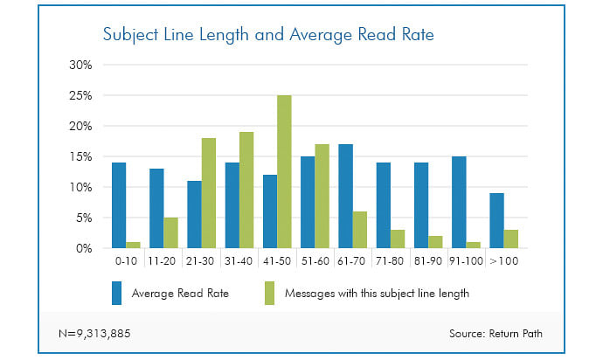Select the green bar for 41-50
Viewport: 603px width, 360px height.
tap(284, 171)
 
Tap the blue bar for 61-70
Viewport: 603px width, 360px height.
tap(343, 196)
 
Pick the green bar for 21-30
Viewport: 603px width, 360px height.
tap(208, 193)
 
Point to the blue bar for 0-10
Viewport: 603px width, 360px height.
tap(119, 205)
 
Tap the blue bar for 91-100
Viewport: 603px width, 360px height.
tap(459, 202)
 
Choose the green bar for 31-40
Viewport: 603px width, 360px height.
tap(246, 190)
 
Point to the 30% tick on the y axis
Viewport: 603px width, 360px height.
tap(80, 65)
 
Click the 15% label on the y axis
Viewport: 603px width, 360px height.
tap(80, 156)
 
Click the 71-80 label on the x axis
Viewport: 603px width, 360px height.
tap(390, 261)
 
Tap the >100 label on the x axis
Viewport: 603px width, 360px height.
tap(504, 261)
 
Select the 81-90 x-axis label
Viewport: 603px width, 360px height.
tap(428, 261)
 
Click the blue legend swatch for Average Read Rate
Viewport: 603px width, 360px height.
tap(118, 294)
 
